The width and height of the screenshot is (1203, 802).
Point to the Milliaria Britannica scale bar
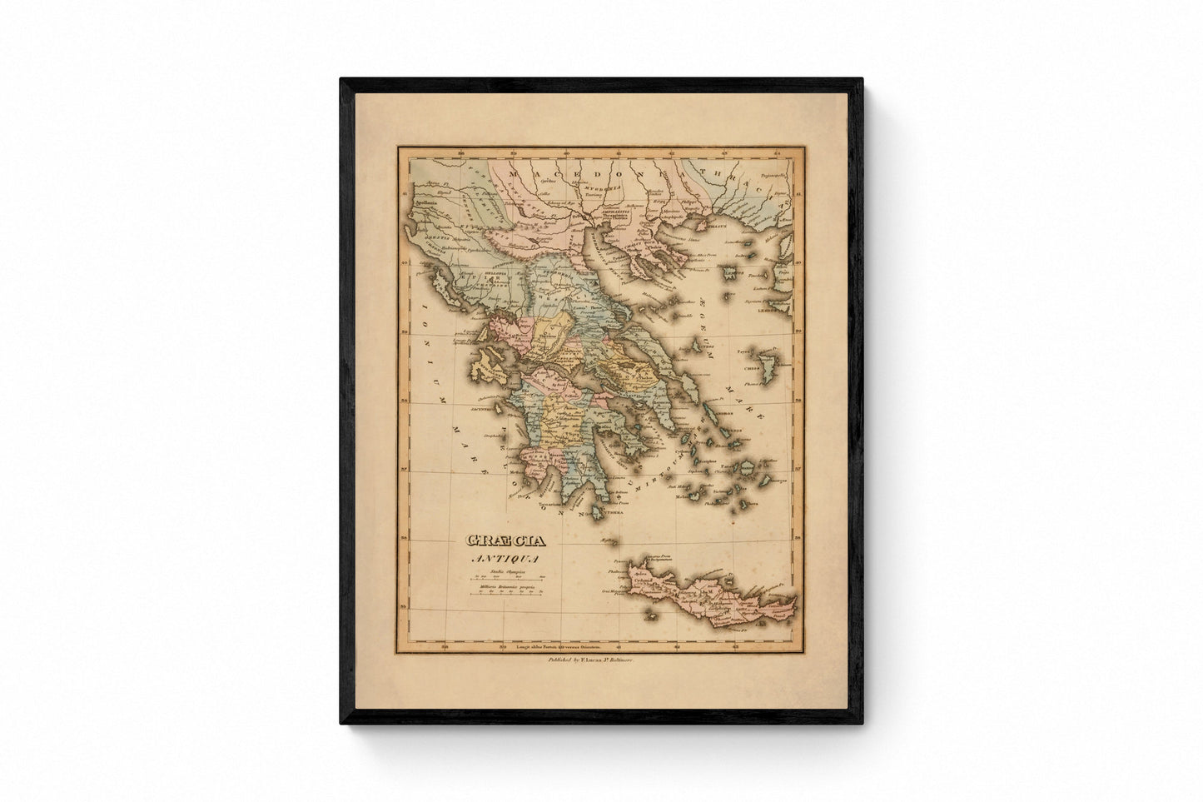pyautogui.click(x=507, y=592)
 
